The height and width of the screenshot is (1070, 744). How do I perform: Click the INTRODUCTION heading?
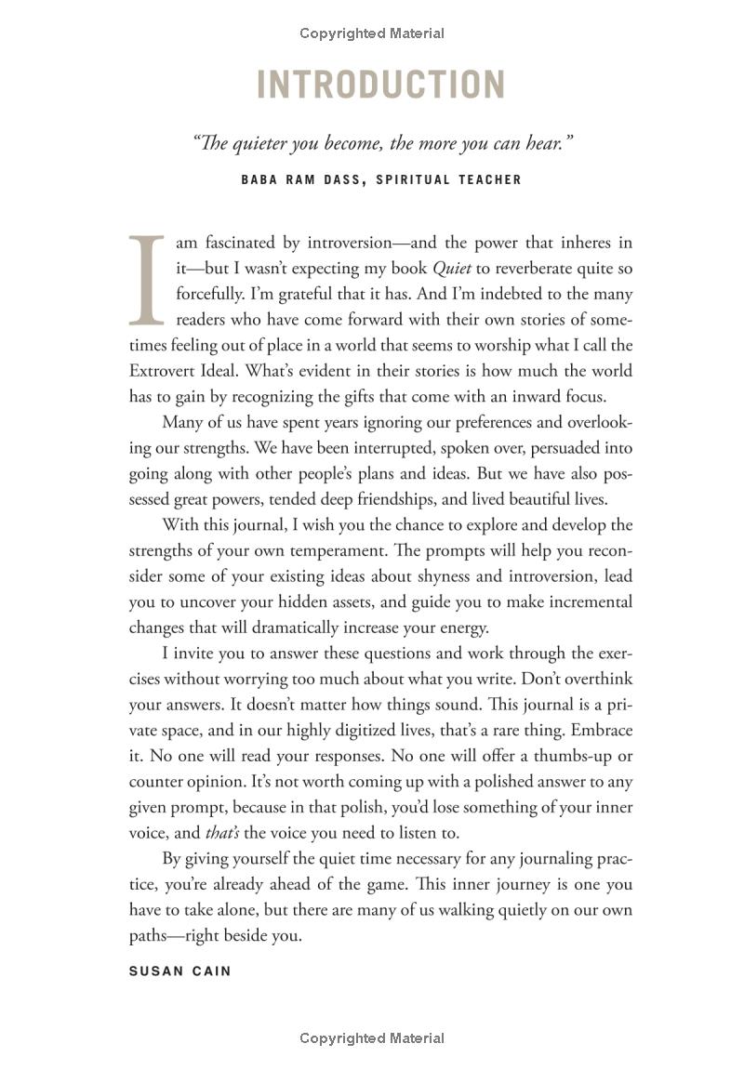click(x=380, y=85)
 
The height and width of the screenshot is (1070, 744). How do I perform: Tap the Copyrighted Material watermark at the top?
click(x=372, y=33)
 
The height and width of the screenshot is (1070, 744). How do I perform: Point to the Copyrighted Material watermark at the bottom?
click(x=372, y=1038)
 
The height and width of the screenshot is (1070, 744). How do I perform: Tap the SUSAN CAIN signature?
click(x=179, y=971)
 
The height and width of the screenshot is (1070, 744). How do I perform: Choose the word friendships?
click(x=403, y=498)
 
